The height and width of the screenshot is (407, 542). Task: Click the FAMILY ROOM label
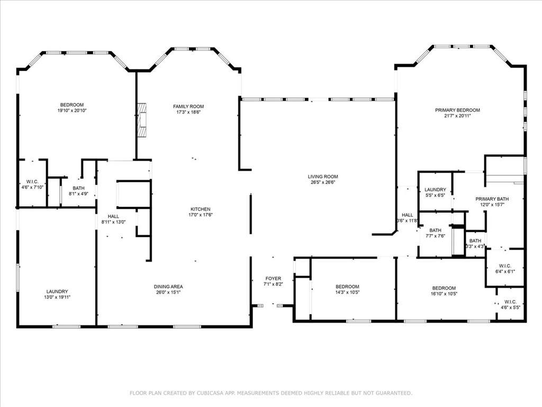(x=188, y=107)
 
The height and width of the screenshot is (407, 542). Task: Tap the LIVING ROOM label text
(x=323, y=176)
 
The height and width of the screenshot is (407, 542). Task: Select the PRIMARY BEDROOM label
(x=457, y=110)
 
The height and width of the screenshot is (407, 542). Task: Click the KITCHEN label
(x=201, y=209)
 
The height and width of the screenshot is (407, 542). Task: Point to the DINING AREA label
(x=168, y=287)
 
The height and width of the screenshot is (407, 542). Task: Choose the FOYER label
(x=273, y=278)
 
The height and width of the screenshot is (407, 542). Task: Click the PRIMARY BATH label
(x=492, y=199)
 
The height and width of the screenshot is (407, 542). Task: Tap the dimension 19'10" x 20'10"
(x=72, y=110)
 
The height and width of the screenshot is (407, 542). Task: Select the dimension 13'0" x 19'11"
(x=57, y=297)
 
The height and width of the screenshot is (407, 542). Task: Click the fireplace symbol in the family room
(x=142, y=120)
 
